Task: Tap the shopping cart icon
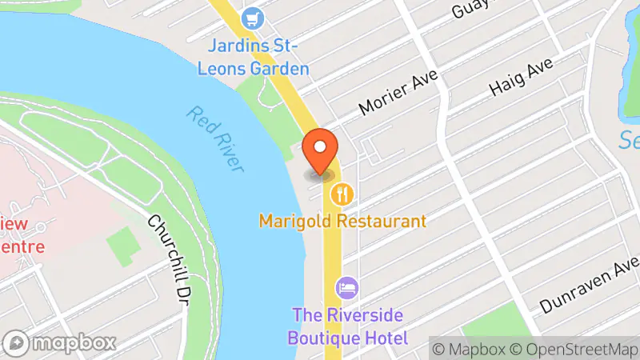pyautogui.click(x=254, y=16)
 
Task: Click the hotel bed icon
pyautogui.click(x=347, y=286)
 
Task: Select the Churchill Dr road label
pyautogui.click(x=170, y=241)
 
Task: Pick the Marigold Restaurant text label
pyautogui.click(x=342, y=220)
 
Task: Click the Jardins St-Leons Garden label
pyautogui.click(x=254, y=58)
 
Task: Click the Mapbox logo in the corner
pyautogui.click(x=59, y=343)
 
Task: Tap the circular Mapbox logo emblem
pyautogui.click(x=18, y=343)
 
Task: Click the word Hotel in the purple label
pyautogui.click(x=383, y=338)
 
